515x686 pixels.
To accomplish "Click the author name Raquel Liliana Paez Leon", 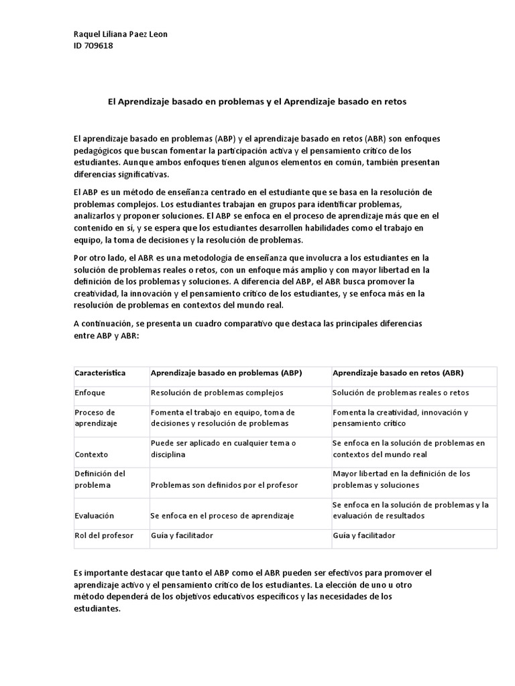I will point(120,35).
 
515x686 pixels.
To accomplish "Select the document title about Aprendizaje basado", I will point(257,102).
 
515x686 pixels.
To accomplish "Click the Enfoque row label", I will point(90,393).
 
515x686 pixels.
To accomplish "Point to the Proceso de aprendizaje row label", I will point(95,418).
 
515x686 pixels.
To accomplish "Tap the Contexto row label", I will point(92,454).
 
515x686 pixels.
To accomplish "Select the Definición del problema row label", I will point(101,479).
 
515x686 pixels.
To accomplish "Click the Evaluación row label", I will point(95,515).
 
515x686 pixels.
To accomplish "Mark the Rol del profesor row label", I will point(104,535).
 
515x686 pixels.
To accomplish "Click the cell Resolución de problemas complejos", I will point(217,393).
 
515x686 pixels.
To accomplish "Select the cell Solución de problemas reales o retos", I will point(400,393).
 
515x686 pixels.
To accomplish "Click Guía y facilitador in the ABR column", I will point(364,535).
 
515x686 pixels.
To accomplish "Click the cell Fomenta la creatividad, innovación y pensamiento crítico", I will point(400,418).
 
